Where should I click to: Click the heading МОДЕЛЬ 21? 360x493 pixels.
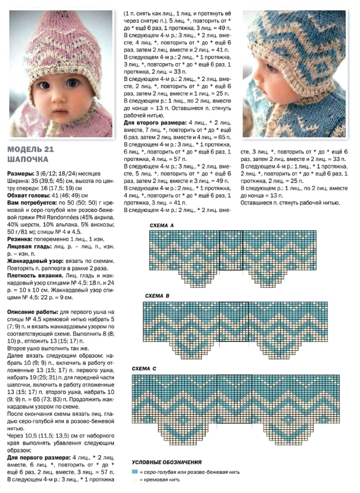(30, 149)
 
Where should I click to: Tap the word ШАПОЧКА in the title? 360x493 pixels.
(28, 159)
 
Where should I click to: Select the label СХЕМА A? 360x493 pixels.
(161, 225)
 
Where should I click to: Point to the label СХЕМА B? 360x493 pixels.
(157, 296)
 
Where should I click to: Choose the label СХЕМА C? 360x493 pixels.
(144, 369)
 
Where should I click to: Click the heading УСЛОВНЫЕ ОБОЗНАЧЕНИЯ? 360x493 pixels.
(167, 462)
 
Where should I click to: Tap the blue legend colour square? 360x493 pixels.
(135, 472)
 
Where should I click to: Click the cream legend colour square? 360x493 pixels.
(135, 480)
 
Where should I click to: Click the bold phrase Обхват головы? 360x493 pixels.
(29, 196)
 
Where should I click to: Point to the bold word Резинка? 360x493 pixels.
(19, 239)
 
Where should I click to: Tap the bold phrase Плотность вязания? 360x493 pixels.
(35, 276)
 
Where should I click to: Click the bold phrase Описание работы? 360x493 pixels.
(33, 312)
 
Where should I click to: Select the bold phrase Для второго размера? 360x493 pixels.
(155, 123)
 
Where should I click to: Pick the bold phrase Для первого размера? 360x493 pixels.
(39, 458)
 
